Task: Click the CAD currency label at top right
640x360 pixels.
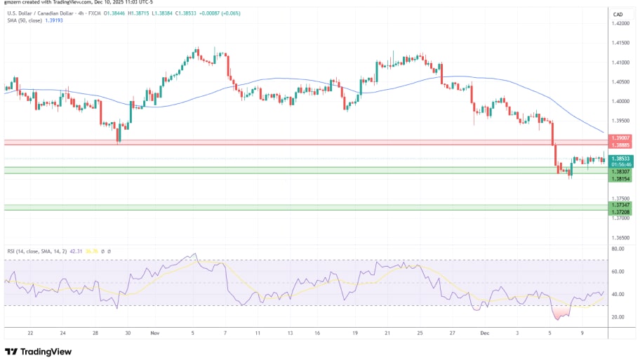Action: [618, 14]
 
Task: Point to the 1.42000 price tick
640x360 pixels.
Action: [621, 23]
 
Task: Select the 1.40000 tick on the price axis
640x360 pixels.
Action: [621, 101]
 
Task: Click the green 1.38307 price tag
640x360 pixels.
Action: [621, 172]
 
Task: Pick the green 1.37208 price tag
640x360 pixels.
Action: [621, 211]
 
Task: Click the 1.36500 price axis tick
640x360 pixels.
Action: [621, 238]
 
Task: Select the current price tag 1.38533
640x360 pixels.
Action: [621, 159]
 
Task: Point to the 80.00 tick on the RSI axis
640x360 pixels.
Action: [618, 248]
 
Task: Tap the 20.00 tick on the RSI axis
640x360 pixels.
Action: [618, 316]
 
